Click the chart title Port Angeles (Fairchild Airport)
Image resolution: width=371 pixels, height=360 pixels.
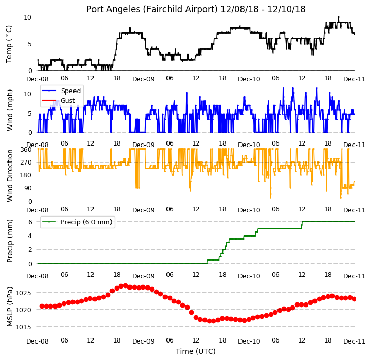click(152, 9)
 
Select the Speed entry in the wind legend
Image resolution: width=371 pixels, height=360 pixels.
click(71, 91)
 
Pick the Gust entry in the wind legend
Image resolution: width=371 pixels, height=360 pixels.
click(68, 101)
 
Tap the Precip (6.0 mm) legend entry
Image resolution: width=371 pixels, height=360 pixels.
click(86, 222)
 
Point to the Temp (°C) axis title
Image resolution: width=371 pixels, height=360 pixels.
click(9, 44)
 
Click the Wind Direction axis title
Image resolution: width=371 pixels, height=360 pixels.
click(9, 175)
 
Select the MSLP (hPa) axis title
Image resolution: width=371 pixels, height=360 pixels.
click(9, 307)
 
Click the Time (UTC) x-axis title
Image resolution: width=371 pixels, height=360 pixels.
click(196, 351)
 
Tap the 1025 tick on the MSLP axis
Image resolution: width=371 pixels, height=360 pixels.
click(23, 293)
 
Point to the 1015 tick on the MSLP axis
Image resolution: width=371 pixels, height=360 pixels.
click(23, 327)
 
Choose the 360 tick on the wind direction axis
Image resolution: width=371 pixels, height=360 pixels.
click(26, 150)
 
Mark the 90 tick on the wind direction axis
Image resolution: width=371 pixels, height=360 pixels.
click(28, 188)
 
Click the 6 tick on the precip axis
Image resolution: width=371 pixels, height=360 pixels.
click(30, 222)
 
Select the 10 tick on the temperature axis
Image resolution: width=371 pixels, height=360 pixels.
click(27, 17)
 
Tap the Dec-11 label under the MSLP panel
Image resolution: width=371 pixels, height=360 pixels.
click(355, 341)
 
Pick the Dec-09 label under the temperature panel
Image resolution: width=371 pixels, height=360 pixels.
click(143, 79)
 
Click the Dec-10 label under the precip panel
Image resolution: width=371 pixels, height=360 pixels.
click(249, 276)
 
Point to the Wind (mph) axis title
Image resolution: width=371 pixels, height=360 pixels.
click(9, 110)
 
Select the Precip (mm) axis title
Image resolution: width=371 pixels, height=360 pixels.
click(9, 241)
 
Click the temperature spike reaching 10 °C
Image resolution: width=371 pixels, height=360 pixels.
click(339, 17)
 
